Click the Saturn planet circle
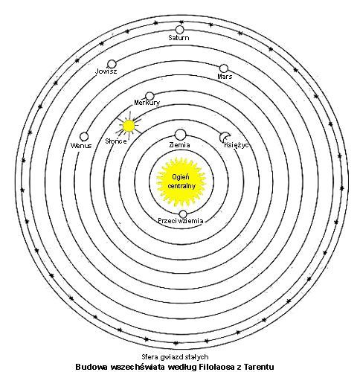pos(179,30)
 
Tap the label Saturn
pos(179,38)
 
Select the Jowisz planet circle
pos(112,64)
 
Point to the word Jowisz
pos(106,71)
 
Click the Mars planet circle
pos(224,68)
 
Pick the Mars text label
pos(225,77)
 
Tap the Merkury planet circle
pos(150,96)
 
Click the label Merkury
pos(147,103)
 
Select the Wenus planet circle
pos(84,137)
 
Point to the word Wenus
pos(81,145)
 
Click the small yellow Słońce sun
pos(129,126)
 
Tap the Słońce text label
pos(116,141)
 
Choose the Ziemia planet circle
pos(180,135)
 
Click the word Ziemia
pos(179,145)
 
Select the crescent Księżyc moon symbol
pos(224,136)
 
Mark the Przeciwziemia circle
pos(183,214)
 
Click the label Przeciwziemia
pos(181,221)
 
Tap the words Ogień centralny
pos(181,182)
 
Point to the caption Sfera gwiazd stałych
pos(175,357)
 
